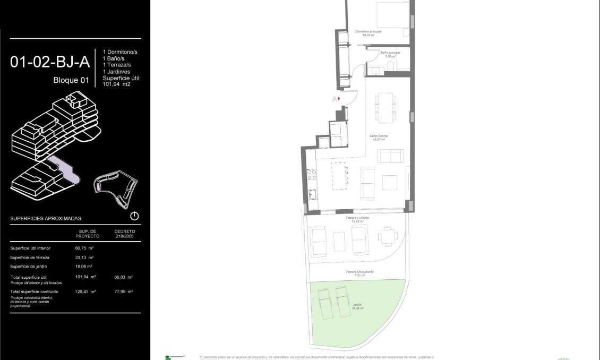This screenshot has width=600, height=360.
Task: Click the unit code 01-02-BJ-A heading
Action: (49, 63)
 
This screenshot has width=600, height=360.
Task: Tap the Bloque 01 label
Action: (71, 81)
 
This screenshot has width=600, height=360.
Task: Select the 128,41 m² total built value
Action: (85, 292)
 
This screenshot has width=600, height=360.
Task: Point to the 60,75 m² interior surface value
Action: (84, 248)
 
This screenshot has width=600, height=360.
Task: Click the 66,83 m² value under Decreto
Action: (123, 277)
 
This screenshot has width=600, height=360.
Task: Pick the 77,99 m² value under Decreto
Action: (123, 292)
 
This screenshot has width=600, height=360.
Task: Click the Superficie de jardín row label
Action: (31, 267)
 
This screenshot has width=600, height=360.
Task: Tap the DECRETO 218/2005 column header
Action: (125, 234)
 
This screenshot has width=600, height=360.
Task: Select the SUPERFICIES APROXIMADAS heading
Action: (46, 218)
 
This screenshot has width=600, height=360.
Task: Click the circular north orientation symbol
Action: (134, 216)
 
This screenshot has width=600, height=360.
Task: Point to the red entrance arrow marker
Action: (338, 98)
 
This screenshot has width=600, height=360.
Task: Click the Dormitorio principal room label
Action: (368, 32)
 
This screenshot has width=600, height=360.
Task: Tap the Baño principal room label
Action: (390, 53)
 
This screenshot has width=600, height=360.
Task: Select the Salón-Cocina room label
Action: (378, 136)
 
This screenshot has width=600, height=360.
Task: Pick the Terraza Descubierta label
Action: (360, 272)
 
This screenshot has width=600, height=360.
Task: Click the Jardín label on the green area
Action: (356, 305)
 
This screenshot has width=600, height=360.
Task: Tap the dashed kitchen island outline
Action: (340, 175)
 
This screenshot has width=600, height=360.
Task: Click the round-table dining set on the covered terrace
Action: (388, 236)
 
